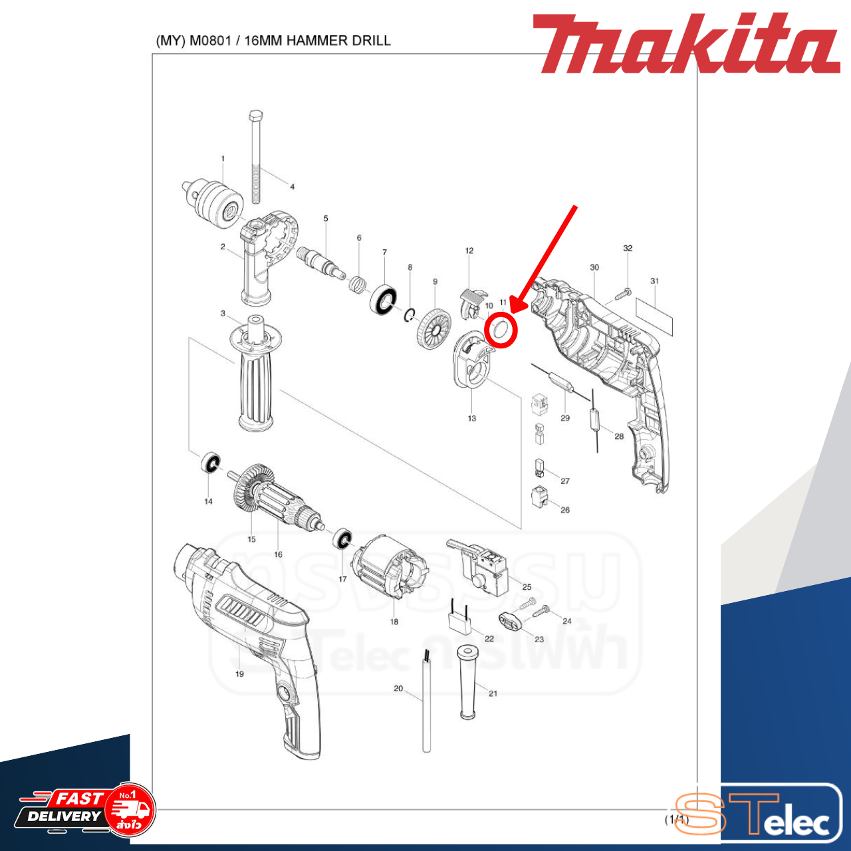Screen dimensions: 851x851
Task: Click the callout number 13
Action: pos(471,418)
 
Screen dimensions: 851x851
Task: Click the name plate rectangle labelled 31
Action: pos(654,316)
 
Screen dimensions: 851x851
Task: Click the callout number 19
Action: pos(239,673)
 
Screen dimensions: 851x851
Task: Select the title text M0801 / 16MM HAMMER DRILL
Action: pos(273,41)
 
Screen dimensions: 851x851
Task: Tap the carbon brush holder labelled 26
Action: pos(540,496)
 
